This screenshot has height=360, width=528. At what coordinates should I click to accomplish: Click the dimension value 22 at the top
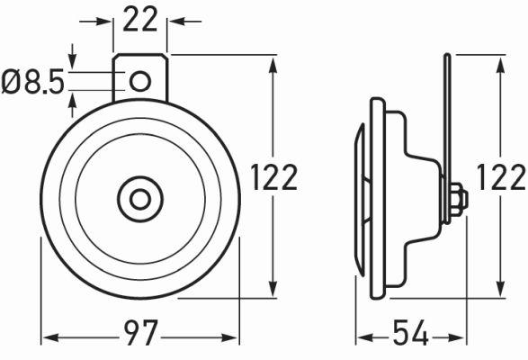pyautogui.click(x=140, y=19)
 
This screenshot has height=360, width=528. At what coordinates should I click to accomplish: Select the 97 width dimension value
pyautogui.click(x=139, y=337)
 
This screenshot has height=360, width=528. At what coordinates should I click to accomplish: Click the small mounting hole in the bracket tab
pyautogui.click(x=139, y=82)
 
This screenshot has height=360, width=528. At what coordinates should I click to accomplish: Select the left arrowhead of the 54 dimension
pyautogui.click(x=359, y=337)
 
